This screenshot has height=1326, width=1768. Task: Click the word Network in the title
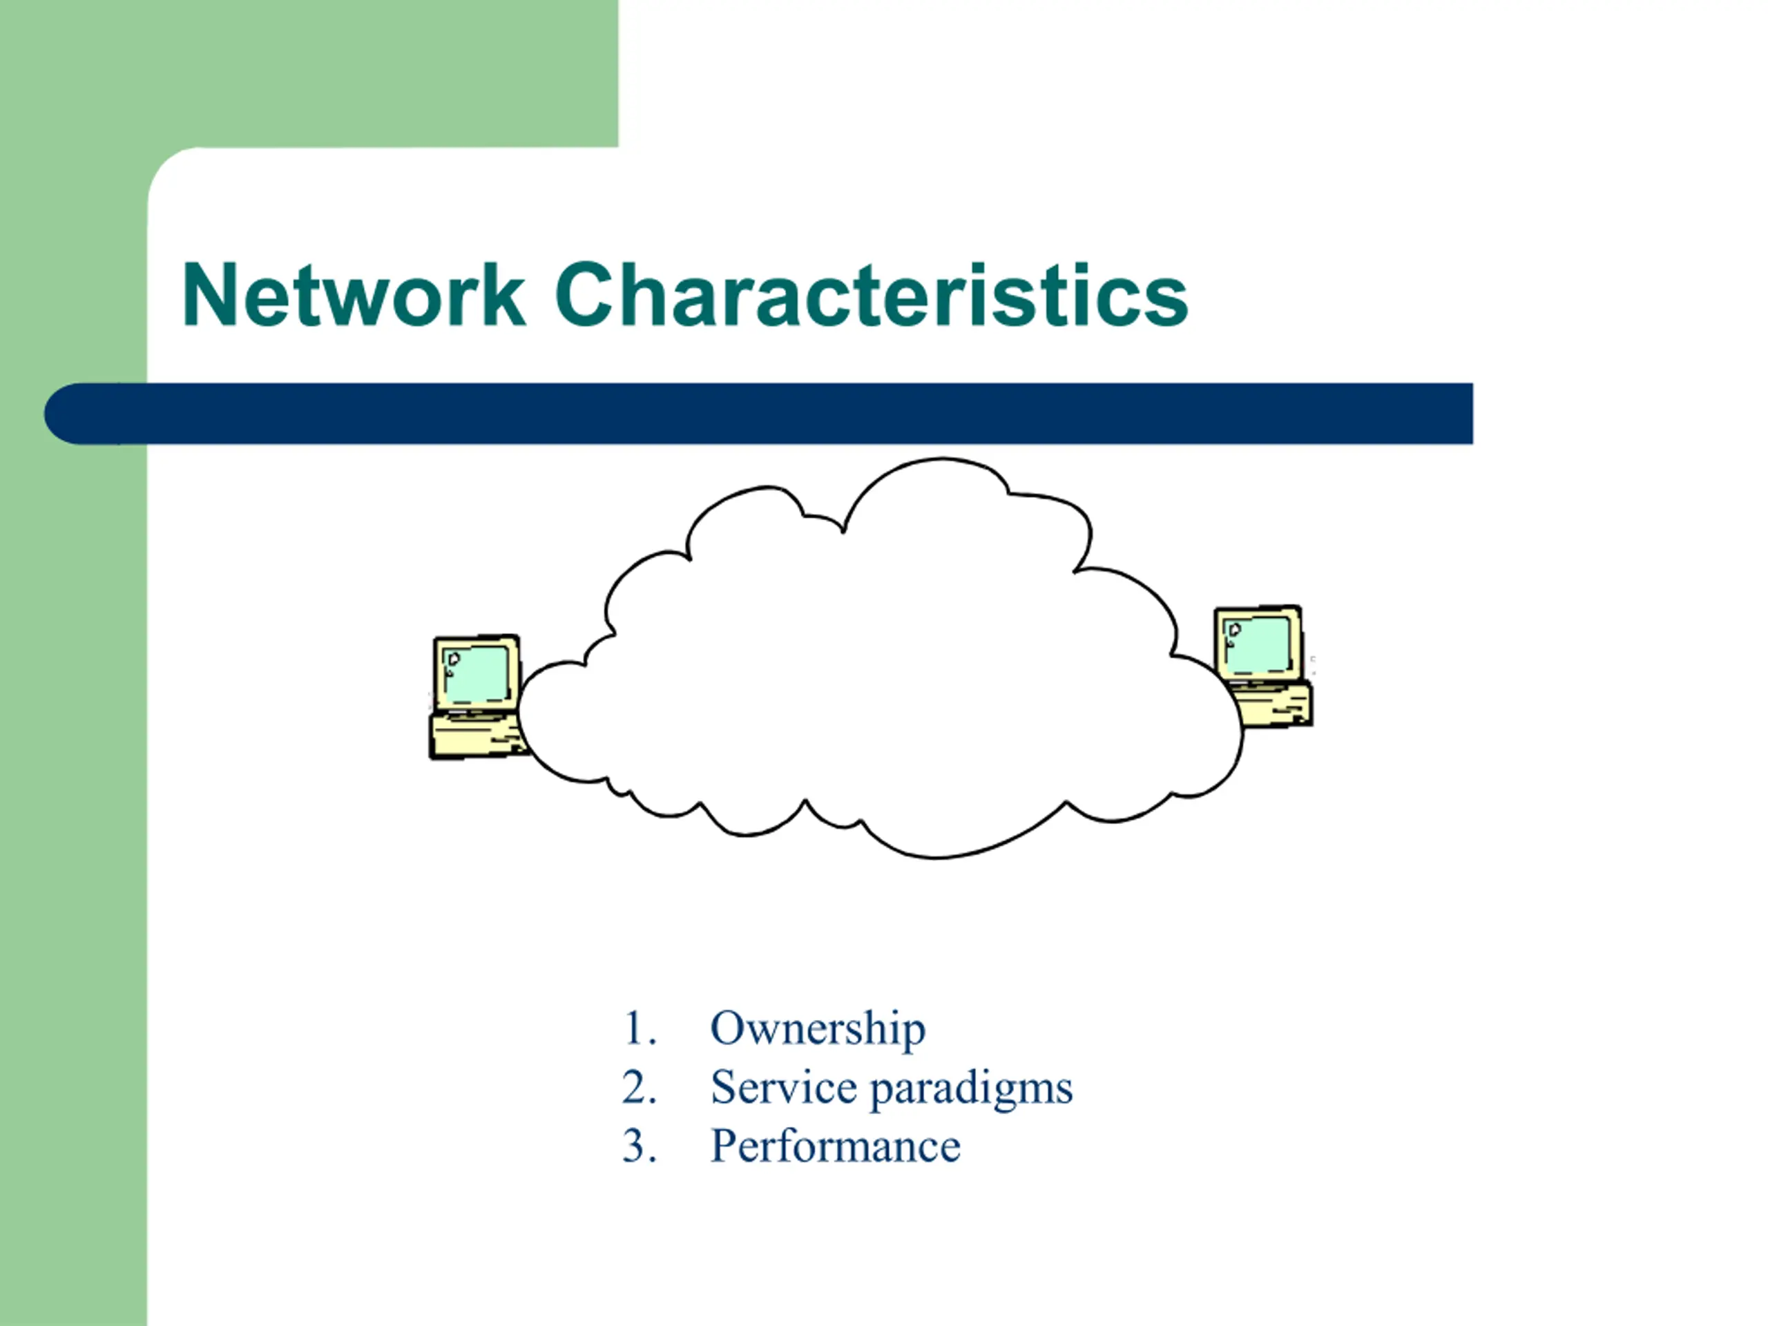coord(354,295)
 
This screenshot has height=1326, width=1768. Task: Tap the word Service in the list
coord(783,1088)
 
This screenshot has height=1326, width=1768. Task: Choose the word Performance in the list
coord(835,1146)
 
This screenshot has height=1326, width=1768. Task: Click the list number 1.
coord(640,1028)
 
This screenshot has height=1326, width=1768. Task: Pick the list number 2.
coord(640,1088)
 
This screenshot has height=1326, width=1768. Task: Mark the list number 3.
coord(640,1146)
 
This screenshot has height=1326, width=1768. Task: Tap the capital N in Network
coord(209,295)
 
